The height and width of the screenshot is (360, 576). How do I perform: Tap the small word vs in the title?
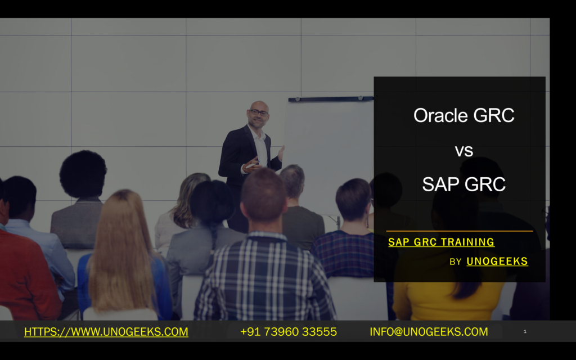click(x=464, y=151)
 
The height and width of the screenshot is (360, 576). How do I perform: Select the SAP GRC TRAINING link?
click(x=441, y=242)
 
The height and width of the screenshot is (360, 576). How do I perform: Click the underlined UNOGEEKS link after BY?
click(x=497, y=261)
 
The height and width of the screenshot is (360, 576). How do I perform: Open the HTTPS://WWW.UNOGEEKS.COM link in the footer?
click(x=106, y=332)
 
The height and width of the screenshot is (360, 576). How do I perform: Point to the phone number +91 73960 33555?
click(x=289, y=332)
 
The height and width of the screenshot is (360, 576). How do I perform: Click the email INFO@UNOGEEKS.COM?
click(x=429, y=332)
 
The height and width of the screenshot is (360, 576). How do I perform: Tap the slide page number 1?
click(x=525, y=331)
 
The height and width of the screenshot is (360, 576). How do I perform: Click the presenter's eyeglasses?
click(x=259, y=112)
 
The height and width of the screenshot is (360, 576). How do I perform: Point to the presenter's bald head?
click(x=259, y=105)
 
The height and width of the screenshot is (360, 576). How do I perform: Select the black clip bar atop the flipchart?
click(x=331, y=98)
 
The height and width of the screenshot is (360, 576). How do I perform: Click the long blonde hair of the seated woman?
click(x=121, y=250)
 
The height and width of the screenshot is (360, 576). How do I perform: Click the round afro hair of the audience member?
click(x=83, y=174)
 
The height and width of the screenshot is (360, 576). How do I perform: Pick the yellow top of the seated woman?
click(x=448, y=298)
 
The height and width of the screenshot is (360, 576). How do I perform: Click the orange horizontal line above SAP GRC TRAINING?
click(x=460, y=231)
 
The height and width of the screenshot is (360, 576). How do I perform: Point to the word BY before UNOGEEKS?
click(x=456, y=262)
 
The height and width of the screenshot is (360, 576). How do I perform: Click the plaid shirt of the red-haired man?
click(x=264, y=279)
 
